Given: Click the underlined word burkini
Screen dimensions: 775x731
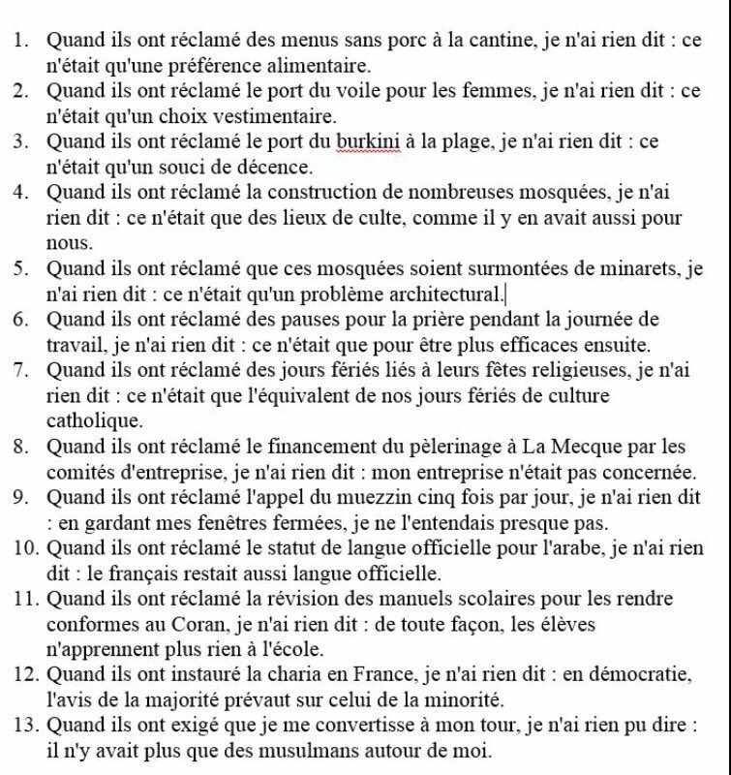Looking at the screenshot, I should pyautogui.click(x=365, y=142).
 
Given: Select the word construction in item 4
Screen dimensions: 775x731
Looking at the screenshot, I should pyautogui.click(x=352, y=193).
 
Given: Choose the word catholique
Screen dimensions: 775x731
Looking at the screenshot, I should pyautogui.click(x=93, y=420).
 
